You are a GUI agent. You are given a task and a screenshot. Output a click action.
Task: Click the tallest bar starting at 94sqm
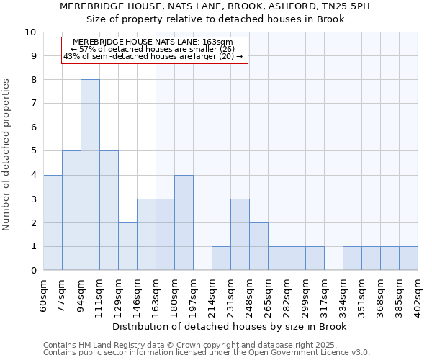tap(90, 175)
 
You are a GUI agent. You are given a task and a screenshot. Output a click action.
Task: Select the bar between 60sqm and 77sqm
tap(53, 222)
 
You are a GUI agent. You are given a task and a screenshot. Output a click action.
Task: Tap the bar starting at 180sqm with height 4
tap(184, 222)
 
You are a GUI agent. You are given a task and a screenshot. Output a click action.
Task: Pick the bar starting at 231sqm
tap(240, 235)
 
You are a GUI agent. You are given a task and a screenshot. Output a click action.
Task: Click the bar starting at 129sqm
tap(127, 246)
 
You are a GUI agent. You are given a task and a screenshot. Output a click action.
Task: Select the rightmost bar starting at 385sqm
tap(408, 258)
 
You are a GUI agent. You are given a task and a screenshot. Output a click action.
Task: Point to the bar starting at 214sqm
tap(221, 258)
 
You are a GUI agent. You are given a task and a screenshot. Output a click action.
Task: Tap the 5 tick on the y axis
tap(33, 151)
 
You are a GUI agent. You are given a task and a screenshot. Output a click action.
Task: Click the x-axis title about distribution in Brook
tap(230, 326)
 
